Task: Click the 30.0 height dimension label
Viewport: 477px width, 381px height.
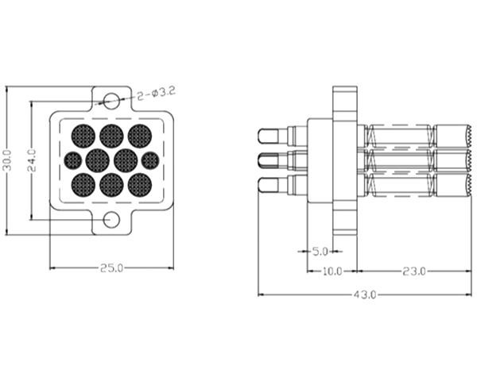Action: coord(8,160)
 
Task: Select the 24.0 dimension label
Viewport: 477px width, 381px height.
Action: coord(32,160)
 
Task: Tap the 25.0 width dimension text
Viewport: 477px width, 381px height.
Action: coord(111,268)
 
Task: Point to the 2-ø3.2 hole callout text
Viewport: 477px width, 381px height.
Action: coord(156,93)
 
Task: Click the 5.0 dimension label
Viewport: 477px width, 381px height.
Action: coord(320,252)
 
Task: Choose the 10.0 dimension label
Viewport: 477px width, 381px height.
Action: coord(332,271)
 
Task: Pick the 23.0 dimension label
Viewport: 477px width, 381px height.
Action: coord(414,271)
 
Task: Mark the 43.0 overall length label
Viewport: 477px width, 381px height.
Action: coord(365,294)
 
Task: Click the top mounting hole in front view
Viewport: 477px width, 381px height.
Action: coord(111,101)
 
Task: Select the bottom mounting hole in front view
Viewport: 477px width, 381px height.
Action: coord(111,219)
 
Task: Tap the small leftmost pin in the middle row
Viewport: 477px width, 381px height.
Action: coord(73,160)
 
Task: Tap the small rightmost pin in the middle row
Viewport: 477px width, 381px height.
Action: coord(150,160)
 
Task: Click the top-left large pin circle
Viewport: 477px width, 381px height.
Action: coord(83,136)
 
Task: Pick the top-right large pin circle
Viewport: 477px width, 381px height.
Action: coord(140,136)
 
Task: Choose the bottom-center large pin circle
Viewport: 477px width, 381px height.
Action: coord(111,185)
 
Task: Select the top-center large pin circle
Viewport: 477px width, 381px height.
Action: coord(111,136)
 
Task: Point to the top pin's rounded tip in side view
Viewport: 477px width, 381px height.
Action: coord(268,136)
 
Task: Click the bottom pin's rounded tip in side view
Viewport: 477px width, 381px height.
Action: coord(268,185)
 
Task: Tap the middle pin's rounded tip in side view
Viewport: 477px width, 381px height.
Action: coord(268,160)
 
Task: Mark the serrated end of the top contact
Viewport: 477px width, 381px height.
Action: coord(469,136)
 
